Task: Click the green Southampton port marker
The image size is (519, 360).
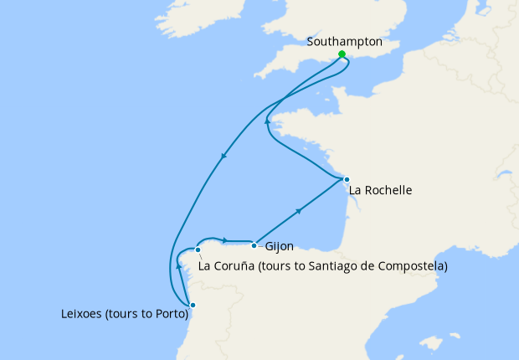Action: click(x=342, y=54)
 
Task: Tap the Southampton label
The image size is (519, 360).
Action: click(x=345, y=41)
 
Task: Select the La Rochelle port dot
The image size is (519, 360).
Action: click(x=346, y=179)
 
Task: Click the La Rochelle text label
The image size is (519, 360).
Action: click(x=381, y=190)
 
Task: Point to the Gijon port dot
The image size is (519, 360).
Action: click(x=254, y=245)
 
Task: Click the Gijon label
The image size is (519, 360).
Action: click(x=279, y=248)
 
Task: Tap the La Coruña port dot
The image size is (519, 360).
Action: click(x=198, y=249)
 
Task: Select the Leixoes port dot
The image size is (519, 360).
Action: click(x=193, y=305)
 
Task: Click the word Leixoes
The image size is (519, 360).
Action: click(x=85, y=316)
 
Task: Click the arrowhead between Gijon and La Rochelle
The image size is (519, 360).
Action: click(x=300, y=213)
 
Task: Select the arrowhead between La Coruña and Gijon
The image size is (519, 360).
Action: click(x=224, y=241)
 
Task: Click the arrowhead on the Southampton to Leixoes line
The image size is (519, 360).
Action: click(x=224, y=157)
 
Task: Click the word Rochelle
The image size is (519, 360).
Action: click(x=388, y=190)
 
